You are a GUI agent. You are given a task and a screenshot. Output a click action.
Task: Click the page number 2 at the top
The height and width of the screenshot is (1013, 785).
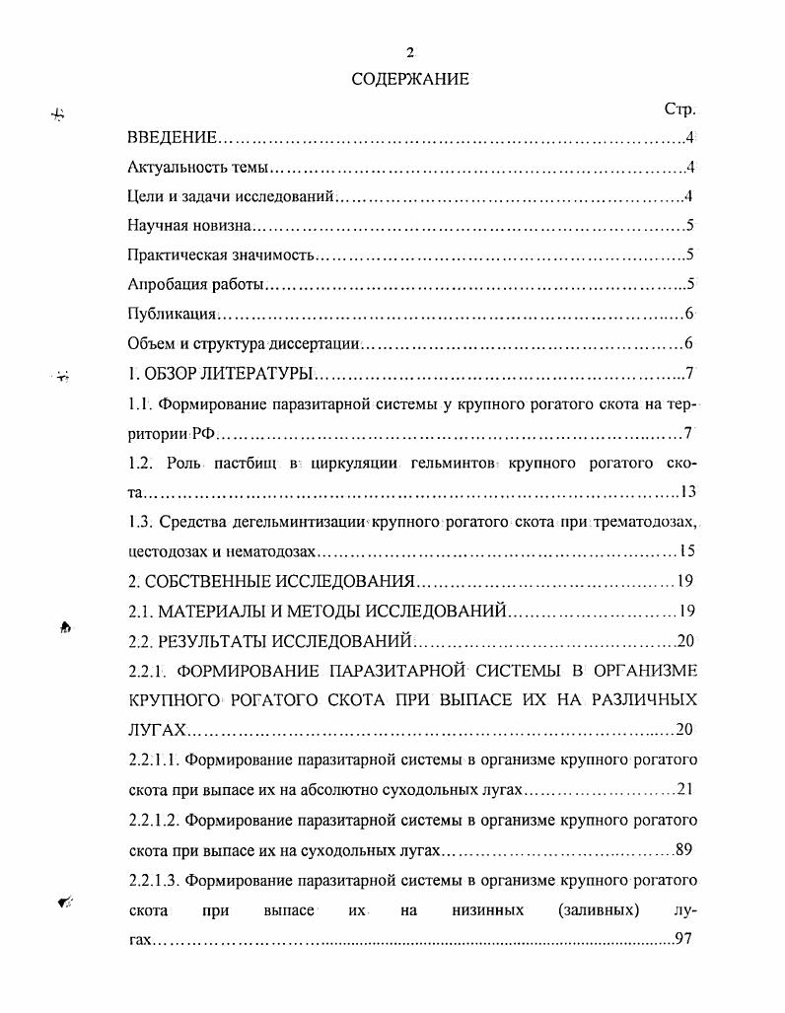click(x=409, y=52)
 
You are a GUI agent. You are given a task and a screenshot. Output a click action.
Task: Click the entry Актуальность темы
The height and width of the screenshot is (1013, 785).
click(x=197, y=168)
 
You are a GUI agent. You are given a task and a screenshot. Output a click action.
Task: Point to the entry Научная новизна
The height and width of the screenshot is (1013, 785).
click(x=189, y=226)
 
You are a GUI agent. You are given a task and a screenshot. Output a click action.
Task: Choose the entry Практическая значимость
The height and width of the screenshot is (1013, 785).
click(x=220, y=255)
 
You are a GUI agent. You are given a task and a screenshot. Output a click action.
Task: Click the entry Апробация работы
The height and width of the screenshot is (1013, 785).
click(x=195, y=285)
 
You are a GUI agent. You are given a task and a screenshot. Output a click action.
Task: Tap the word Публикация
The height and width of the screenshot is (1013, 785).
click(x=172, y=315)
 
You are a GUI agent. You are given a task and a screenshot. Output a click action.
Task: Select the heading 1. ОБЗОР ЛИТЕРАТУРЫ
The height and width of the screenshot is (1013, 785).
click(x=220, y=374)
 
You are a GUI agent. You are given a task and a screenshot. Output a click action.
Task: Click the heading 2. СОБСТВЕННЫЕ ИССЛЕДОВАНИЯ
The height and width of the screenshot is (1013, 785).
click(x=270, y=581)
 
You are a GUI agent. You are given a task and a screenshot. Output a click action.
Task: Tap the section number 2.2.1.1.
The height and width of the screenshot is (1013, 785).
click(x=153, y=760)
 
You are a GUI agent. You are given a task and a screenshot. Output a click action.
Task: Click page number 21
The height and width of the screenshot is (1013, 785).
click(x=686, y=790)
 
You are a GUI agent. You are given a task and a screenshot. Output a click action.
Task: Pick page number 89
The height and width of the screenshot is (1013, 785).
click(x=686, y=849)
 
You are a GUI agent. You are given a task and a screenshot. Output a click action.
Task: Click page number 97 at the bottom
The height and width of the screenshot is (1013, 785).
click(x=685, y=939)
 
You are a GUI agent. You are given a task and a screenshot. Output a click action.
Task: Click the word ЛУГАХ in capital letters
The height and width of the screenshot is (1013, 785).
click(x=157, y=730)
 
